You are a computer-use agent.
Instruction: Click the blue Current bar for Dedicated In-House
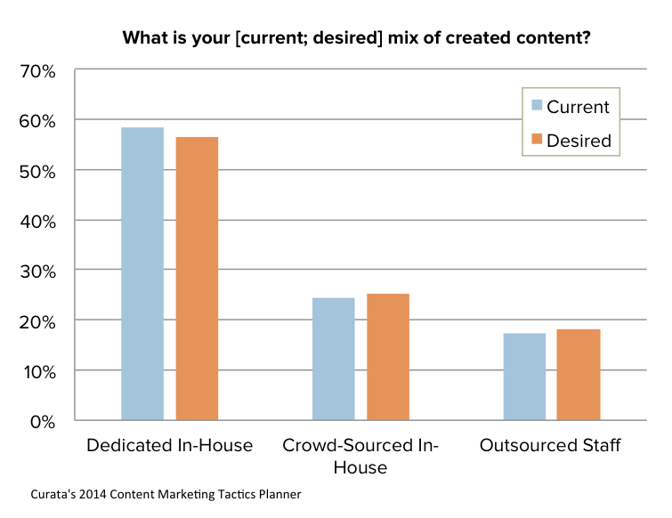coord(142,273)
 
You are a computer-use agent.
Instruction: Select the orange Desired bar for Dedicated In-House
coord(197,278)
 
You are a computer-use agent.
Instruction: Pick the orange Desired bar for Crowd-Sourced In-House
coord(388,356)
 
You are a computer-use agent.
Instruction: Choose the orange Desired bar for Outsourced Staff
coord(579,374)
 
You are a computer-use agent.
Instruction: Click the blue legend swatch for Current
coord(537,107)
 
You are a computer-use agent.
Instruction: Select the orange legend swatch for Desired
coord(537,139)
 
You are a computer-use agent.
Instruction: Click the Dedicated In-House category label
coord(169,445)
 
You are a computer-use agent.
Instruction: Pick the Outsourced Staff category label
coord(549,445)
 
